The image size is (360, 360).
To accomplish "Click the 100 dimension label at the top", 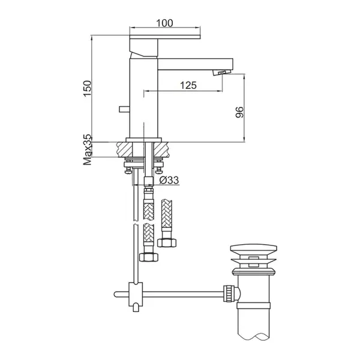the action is [164, 23].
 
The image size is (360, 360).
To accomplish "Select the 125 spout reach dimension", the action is [188, 85].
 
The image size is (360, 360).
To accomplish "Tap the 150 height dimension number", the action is [87, 89].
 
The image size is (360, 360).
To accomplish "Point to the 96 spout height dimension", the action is [239, 112].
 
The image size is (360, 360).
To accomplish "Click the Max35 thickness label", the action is [88, 150].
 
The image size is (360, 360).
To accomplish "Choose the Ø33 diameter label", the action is [169, 180].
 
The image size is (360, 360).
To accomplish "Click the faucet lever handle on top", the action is [164, 37].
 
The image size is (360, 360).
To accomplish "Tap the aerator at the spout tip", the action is [222, 73].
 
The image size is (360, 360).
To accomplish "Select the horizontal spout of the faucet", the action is [195, 64].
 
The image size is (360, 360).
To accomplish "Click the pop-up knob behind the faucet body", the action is [124, 109].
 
